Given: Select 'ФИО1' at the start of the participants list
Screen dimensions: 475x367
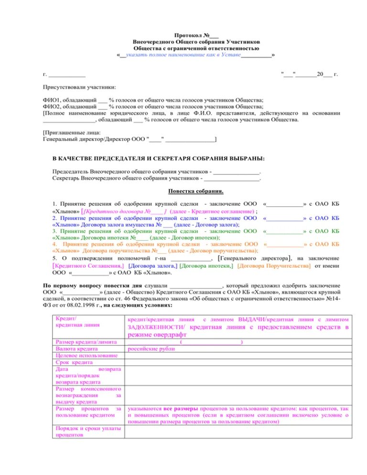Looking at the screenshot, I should [50, 100].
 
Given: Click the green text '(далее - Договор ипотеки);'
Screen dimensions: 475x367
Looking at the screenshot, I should [184, 237].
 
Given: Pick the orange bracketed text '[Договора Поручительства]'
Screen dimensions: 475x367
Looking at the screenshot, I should [273, 265].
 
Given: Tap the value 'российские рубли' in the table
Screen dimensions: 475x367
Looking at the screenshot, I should [151, 349].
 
